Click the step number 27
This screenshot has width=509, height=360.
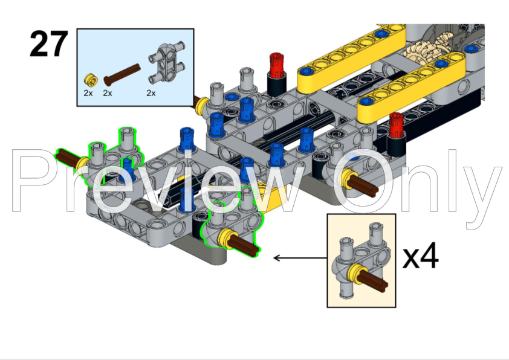tap(48, 45)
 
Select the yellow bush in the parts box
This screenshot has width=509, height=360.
tap(90, 79)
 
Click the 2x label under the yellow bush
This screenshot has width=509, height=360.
tap(88, 93)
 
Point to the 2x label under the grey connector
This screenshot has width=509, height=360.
tap(151, 93)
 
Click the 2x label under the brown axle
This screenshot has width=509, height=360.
tap(108, 93)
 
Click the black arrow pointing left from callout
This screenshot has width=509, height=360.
tap(296, 258)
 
